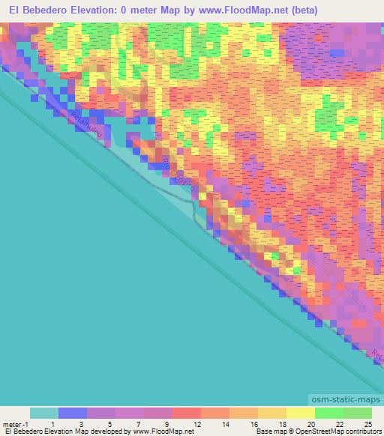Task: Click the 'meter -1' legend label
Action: click(16, 423)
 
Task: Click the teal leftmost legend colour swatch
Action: click(44, 413)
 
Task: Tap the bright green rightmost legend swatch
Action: click(358, 413)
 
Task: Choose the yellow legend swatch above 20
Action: click(301, 413)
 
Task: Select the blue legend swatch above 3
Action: click(73, 413)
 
